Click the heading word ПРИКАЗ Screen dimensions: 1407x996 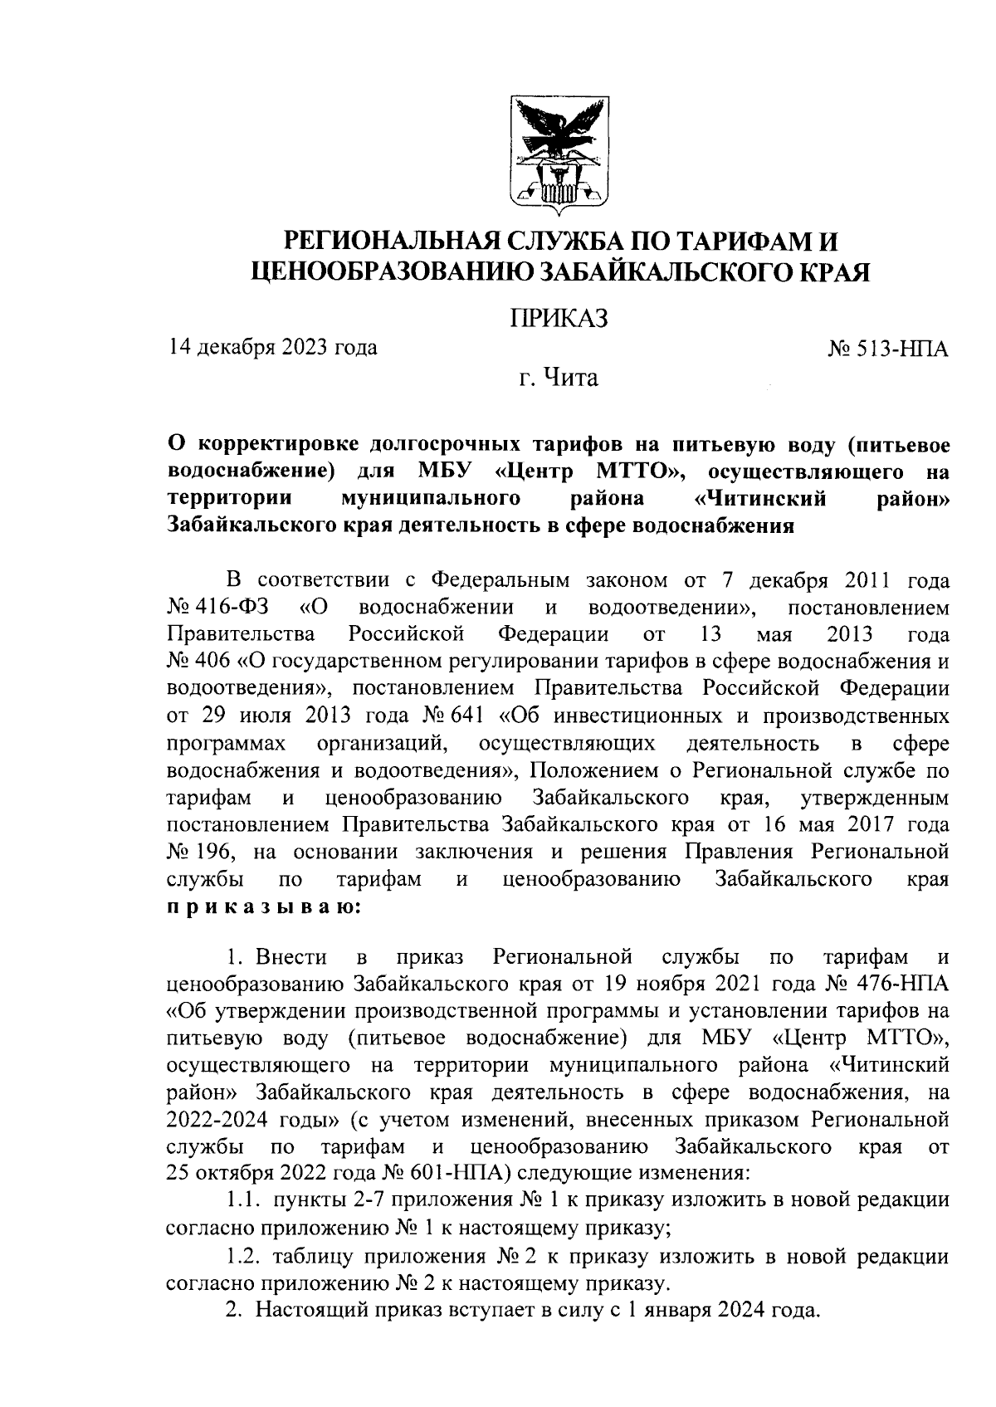click(x=559, y=318)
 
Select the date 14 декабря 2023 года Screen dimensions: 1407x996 click(x=271, y=346)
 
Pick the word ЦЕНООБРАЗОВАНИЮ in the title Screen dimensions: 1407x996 click(x=393, y=272)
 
